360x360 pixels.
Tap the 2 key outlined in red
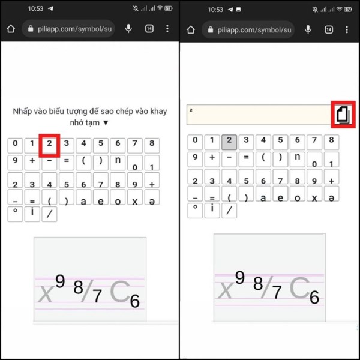50,145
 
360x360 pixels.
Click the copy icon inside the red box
343,113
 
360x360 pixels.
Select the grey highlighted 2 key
228,142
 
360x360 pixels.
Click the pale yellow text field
259,114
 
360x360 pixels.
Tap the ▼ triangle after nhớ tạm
106,122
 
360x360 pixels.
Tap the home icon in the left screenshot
10,29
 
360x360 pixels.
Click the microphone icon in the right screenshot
308,29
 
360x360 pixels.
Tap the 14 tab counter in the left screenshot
149,29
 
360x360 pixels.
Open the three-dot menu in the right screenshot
346,29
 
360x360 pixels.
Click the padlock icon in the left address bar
28,29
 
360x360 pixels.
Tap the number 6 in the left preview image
135,301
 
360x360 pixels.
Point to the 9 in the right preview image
240,277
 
